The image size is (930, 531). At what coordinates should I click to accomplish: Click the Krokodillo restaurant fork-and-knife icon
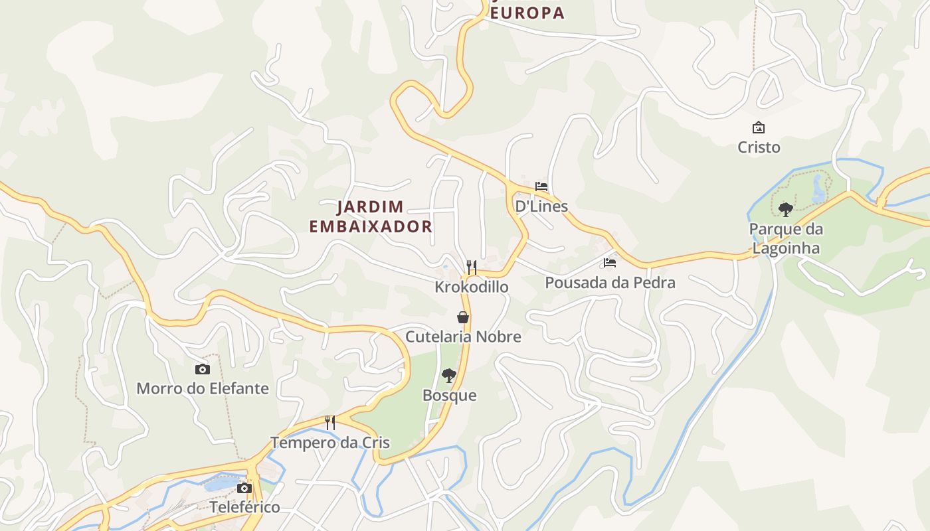[472, 267]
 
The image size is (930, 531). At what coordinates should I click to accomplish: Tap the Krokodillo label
[472, 287]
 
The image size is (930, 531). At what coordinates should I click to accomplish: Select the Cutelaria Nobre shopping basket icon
[463, 317]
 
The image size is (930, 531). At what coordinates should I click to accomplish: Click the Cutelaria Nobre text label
[463, 337]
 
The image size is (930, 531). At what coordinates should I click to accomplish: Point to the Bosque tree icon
[449, 376]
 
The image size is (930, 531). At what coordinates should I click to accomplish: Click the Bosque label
[450, 396]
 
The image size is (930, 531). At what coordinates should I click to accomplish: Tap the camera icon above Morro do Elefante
[203, 369]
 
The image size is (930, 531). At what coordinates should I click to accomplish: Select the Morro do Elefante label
[203, 388]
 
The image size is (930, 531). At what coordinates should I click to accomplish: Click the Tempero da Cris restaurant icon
[329, 422]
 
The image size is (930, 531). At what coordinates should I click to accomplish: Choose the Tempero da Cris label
[330, 443]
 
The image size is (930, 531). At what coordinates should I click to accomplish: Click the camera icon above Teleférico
[244, 488]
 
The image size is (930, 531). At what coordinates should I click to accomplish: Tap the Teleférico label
[244, 508]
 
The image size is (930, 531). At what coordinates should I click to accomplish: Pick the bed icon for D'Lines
[541, 187]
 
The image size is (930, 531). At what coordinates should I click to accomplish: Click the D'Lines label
[541, 206]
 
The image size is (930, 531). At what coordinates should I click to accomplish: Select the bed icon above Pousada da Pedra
[610, 263]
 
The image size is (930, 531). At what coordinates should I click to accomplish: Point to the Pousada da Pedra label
[610, 283]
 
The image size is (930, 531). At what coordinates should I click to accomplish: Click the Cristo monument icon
[759, 127]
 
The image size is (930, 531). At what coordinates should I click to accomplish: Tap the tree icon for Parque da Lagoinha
[786, 210]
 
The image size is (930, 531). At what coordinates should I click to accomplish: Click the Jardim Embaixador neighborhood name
[371, 216]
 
